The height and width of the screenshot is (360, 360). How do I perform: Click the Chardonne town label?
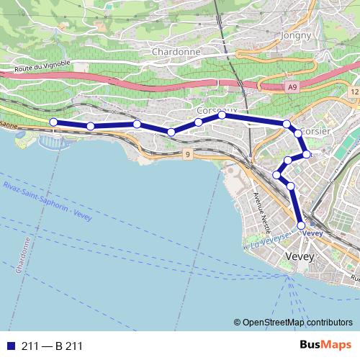[176, 52]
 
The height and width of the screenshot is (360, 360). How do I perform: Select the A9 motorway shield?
[291, 87]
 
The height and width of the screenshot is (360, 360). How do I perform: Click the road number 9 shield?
[186, 155]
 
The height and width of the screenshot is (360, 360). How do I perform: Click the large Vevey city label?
[302, 256]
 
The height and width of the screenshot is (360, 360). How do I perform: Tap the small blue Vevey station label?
[312, 233]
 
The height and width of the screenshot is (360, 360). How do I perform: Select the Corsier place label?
[314, 131]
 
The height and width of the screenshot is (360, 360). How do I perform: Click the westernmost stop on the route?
[53, 122]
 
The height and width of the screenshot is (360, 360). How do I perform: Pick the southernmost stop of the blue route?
[301, 225]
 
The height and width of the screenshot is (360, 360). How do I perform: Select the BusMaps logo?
[325, 345]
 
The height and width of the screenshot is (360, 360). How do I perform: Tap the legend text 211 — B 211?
[52, 346]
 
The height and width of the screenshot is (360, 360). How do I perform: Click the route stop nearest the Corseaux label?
[222, 115]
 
